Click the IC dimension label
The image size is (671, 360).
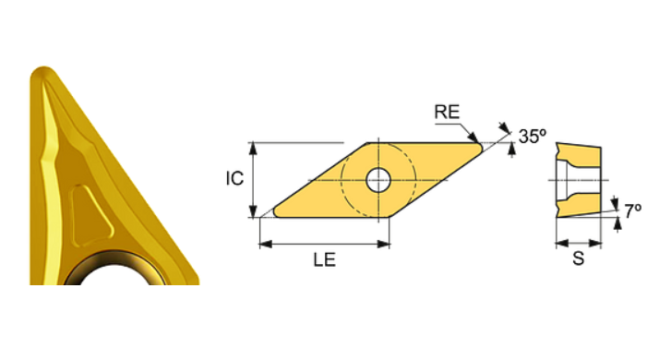click(235, 178)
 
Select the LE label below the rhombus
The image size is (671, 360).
click(323, 260)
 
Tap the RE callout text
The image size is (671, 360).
click(448, 113)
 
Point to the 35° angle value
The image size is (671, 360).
click(533, 136)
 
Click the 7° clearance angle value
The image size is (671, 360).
click(632, 210)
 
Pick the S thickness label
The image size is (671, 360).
click(578, 259)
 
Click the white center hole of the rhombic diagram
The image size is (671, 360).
click(377, 179)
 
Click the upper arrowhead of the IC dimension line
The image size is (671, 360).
click(253, 148)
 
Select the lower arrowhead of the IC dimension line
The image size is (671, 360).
click(253, 213)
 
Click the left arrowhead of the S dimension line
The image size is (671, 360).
click(559, 243)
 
